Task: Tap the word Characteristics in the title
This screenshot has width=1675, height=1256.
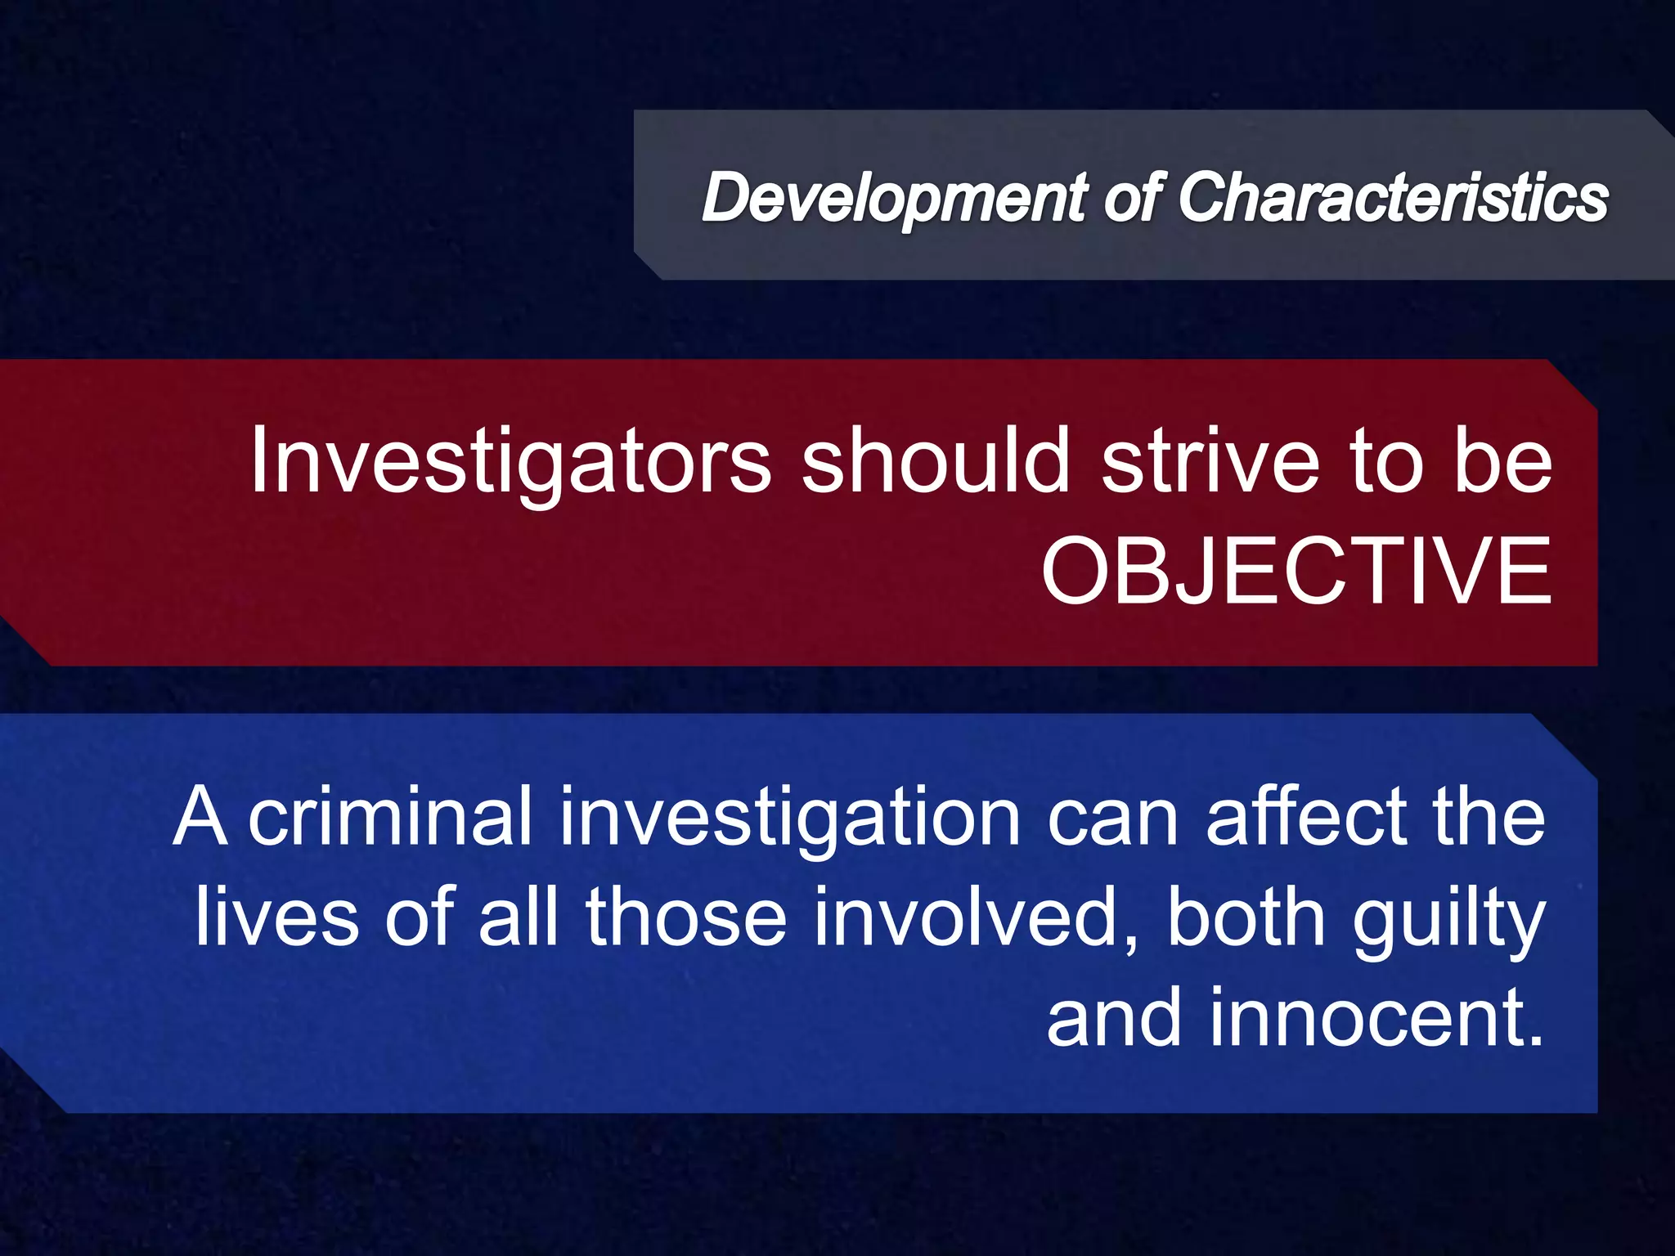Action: coord(1393,198)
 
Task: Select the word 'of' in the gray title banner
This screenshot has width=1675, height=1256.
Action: coord(1132,198)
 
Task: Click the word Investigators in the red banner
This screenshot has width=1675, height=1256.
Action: coord(510,462)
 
